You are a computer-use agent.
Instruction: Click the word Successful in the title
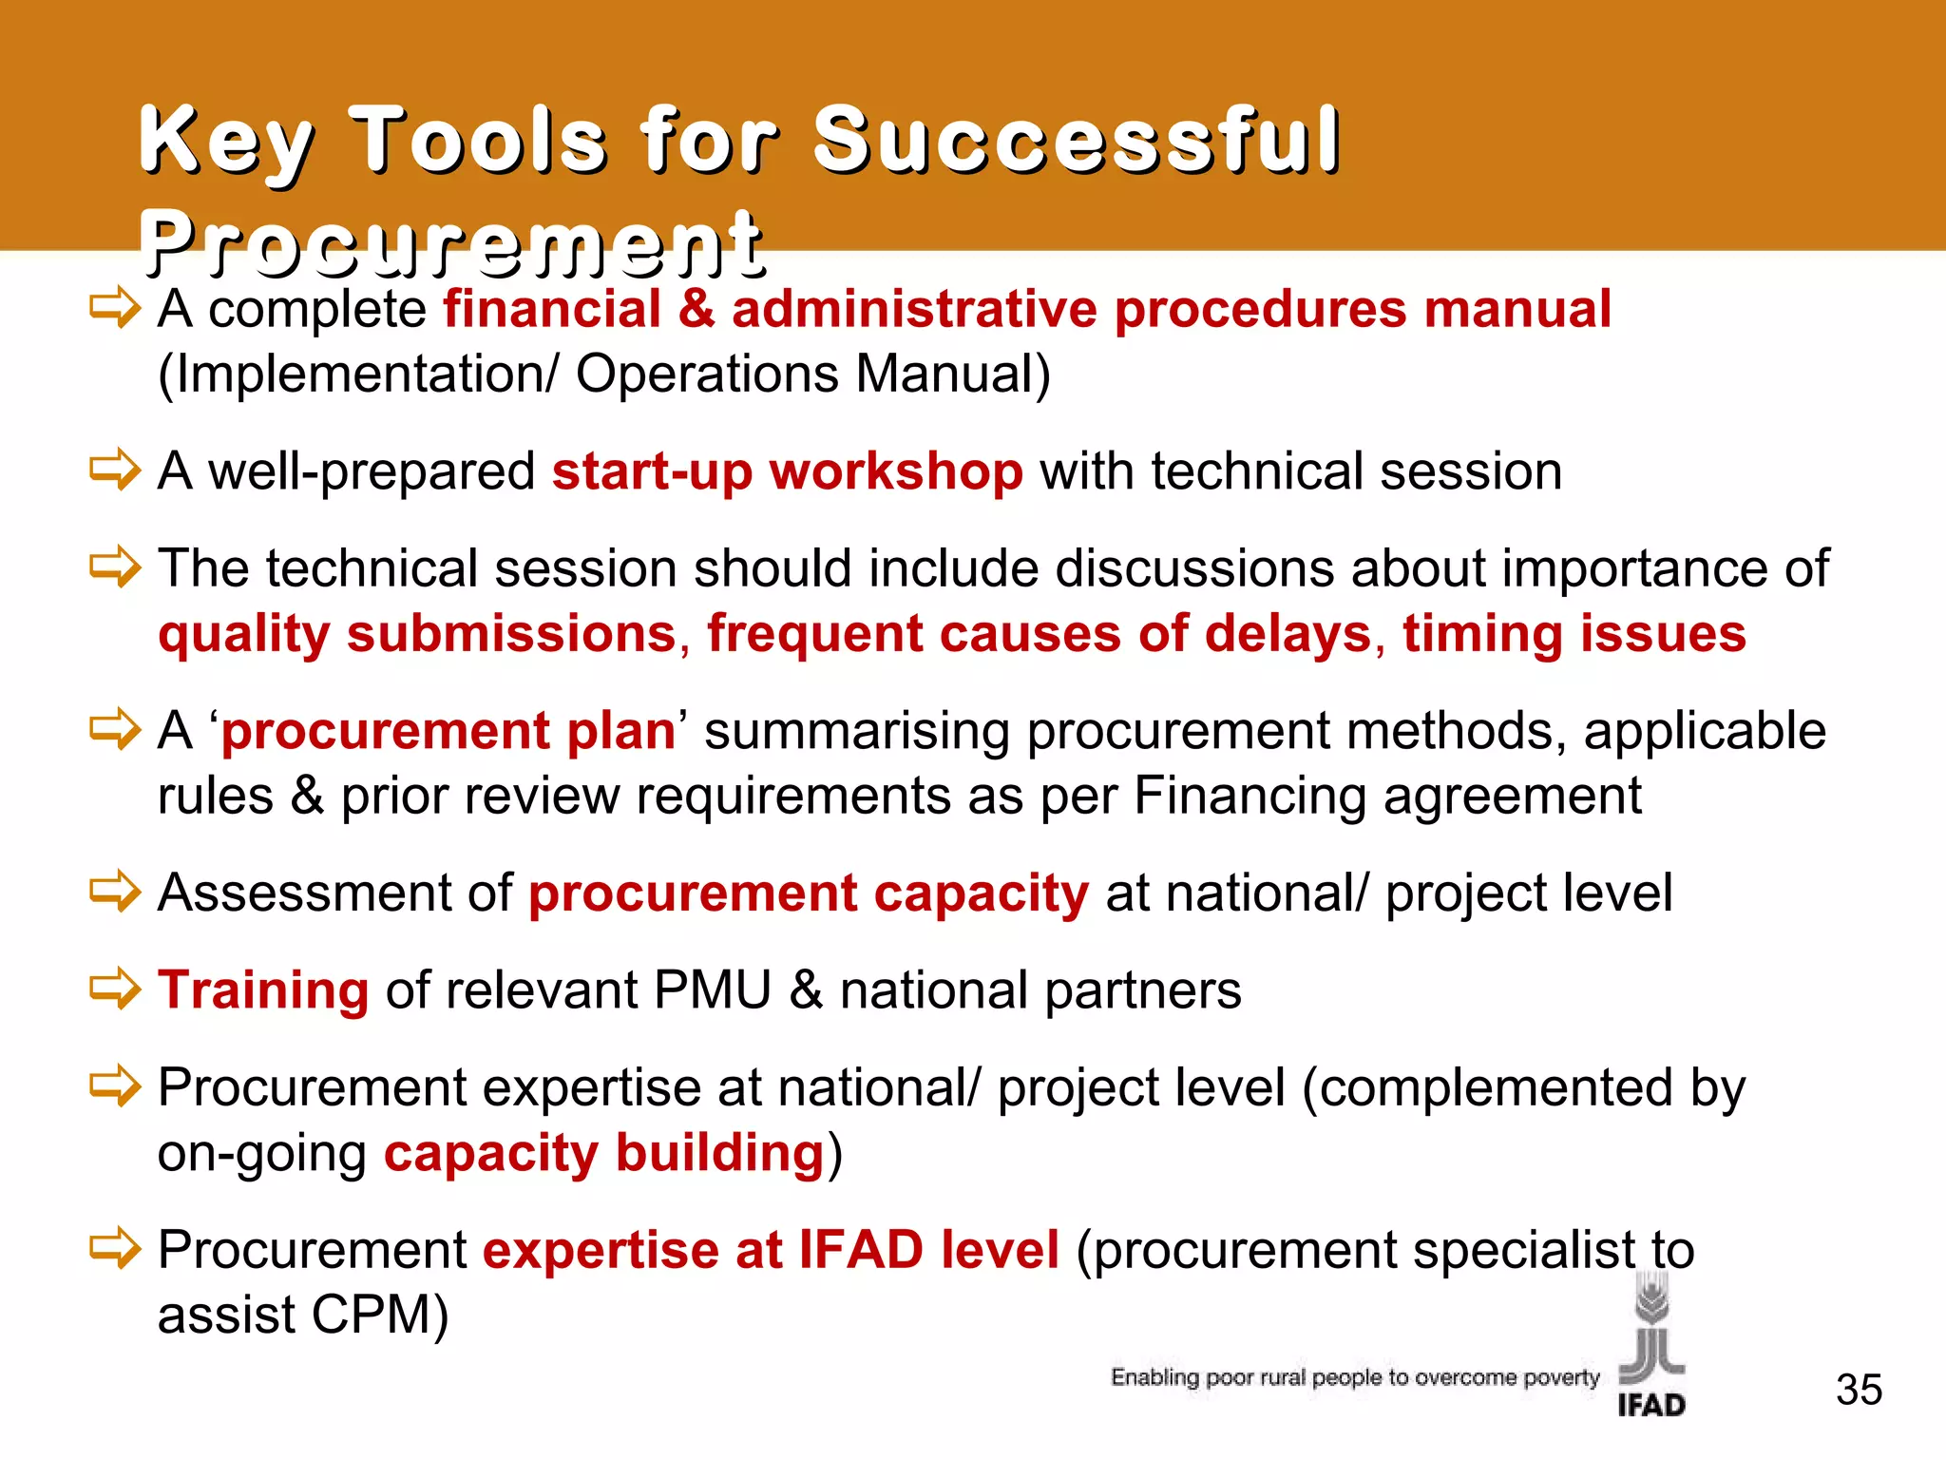(1076, 141)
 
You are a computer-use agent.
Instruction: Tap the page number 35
(1859, 1390)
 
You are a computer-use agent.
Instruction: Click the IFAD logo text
(1651, 1405)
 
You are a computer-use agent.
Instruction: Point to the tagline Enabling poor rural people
(1355, 1377)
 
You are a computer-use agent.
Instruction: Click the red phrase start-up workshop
(787, 471)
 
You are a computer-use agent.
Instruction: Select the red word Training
(263, 989)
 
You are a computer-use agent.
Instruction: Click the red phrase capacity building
(604, 1153)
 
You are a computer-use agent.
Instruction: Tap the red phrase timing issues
(1574, 633)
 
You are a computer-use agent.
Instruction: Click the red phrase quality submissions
(417, 633)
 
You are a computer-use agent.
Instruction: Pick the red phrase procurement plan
(448, 731)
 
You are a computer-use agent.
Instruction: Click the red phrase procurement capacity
(808, 893)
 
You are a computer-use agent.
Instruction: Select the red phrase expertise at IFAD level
(771, 1249)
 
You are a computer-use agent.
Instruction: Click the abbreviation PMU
(712, 990)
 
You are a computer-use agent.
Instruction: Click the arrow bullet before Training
(115, 989)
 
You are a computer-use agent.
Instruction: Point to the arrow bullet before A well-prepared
(115, 470)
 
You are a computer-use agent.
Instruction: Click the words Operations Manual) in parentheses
(812, 374)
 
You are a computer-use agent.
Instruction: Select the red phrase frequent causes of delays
(1040, 633)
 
